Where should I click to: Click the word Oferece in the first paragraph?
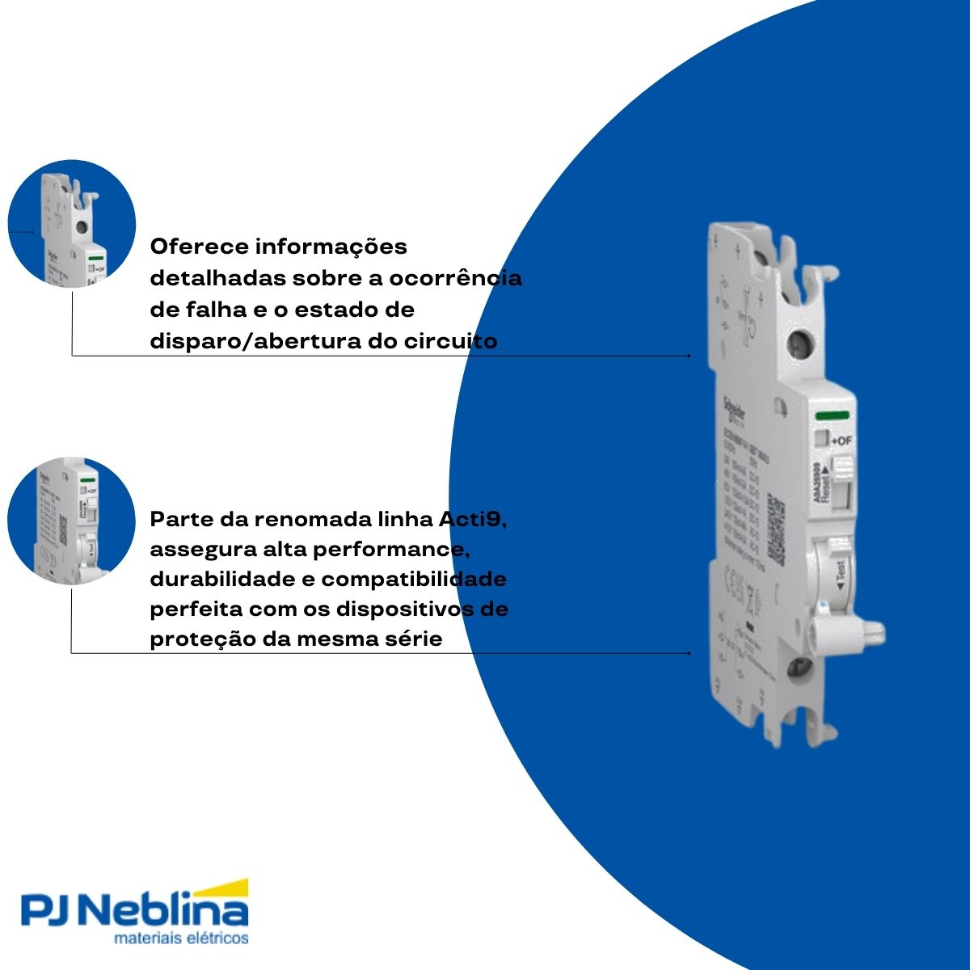199,246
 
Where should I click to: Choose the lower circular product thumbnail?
71,521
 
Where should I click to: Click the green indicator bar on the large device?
832,415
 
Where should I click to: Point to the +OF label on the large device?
841,441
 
